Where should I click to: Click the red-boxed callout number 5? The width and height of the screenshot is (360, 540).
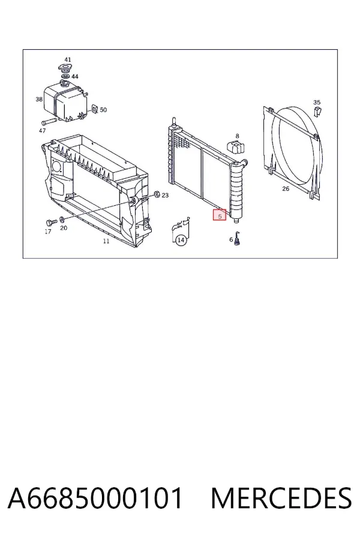click(x=220, y=215)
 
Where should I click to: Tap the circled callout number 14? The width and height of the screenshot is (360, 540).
click(x=181, y=240)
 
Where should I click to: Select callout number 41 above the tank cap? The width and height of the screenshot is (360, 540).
click(x=68, y=60)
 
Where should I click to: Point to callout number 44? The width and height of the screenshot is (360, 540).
click(x=75, y=76)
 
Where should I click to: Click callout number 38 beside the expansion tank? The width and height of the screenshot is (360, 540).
click(x=39, y=99)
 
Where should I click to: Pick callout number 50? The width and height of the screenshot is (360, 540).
click(x=103, y=110)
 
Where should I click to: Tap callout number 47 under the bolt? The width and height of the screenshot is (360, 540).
click(x=42, y=131)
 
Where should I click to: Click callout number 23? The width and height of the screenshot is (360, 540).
click(x=166, y=195)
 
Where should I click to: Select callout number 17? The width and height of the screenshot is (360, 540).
click(x=48, y=232)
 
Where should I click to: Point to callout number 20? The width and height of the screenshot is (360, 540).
click(x=64, y=227)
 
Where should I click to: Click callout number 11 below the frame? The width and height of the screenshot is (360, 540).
click(x=106, y=241)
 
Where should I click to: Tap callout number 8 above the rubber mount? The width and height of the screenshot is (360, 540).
click(x=237, y=136)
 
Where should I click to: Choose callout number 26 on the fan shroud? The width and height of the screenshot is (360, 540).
click(x=286, y=189)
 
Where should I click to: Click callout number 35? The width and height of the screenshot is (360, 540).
click(x=317, y=102)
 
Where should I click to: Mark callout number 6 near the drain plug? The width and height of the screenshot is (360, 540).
click(x=231, y=239)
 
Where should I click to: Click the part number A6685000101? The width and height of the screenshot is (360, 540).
click(x=95, y=498)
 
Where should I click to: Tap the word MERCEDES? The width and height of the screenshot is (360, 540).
click(x=281, y=498)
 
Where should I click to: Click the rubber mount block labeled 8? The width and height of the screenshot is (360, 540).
click(x=236, y=147)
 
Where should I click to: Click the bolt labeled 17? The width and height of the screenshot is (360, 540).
click(x=49, y=223)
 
